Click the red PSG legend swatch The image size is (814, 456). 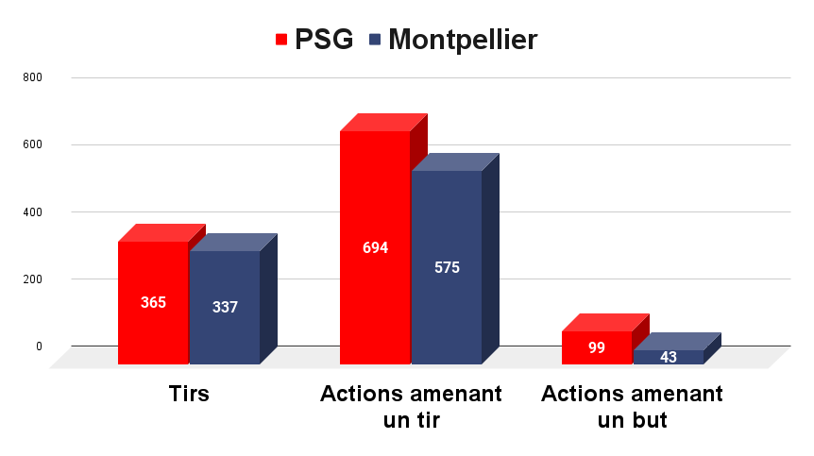[x=281, y=40]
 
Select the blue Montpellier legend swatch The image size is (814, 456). [x=375, y=40]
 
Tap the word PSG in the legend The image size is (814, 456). [x=324, y=40]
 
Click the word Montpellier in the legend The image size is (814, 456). [x=463, y=40]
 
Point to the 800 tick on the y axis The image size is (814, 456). [x=33, y=77]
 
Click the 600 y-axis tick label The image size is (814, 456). [x=33, y=144]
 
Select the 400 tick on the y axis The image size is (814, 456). [x=33, y=211]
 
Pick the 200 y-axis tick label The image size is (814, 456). [x=33, y=279]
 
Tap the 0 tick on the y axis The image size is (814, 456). [x=39, y=346]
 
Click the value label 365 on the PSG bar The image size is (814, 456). [x=153, y=303]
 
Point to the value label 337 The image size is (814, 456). [x=225, y=307]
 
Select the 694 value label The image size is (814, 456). [x=375, y=248]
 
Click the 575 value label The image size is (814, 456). [x=447, y=267]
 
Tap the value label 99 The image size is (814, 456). [x=597, y=347]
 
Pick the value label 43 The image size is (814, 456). [x=669, y=357]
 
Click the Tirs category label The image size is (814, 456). [x=189, y=394]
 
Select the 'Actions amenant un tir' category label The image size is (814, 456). [x=411, y=407]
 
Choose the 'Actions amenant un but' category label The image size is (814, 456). [x=633, y=407]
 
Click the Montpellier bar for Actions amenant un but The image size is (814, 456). [x=669, y=356]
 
